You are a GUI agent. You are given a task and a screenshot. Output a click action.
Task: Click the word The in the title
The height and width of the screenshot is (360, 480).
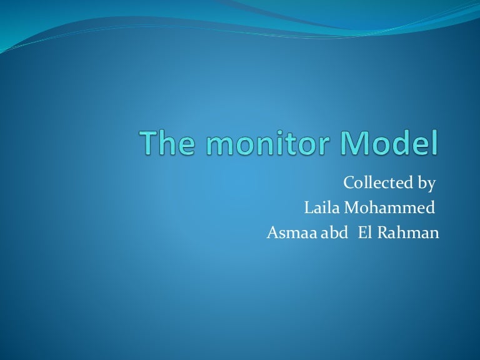[x=164, y=144]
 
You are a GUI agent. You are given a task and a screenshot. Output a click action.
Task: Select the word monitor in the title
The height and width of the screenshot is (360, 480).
[x=263, y=144]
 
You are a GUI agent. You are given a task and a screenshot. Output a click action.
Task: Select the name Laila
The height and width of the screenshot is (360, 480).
[x=319, y=208]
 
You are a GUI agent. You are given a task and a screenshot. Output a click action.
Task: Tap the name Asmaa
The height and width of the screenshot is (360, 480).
[x=288, y=233]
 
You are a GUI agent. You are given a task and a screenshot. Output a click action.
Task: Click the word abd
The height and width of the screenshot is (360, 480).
[x=333, y=233]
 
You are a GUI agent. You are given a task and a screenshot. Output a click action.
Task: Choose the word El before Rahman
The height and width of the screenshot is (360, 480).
[x=365, y=233]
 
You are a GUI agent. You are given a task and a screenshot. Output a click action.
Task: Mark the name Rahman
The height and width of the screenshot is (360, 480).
[x=408, y=233]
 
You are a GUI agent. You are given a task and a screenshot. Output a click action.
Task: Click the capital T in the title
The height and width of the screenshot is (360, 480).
[x=149, y=144]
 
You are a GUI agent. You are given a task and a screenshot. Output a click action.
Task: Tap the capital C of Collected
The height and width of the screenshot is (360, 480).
[x=348, y=183]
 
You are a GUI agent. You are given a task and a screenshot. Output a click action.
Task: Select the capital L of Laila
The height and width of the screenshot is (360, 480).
[x=307, y=208]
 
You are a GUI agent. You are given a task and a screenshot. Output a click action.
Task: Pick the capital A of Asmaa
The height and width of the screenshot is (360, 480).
[x=272, y=233]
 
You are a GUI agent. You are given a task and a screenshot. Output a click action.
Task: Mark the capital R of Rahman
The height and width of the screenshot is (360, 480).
[x=383, y=233]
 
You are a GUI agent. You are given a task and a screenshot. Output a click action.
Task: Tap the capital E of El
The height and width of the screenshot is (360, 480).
[x=362, y=233]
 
